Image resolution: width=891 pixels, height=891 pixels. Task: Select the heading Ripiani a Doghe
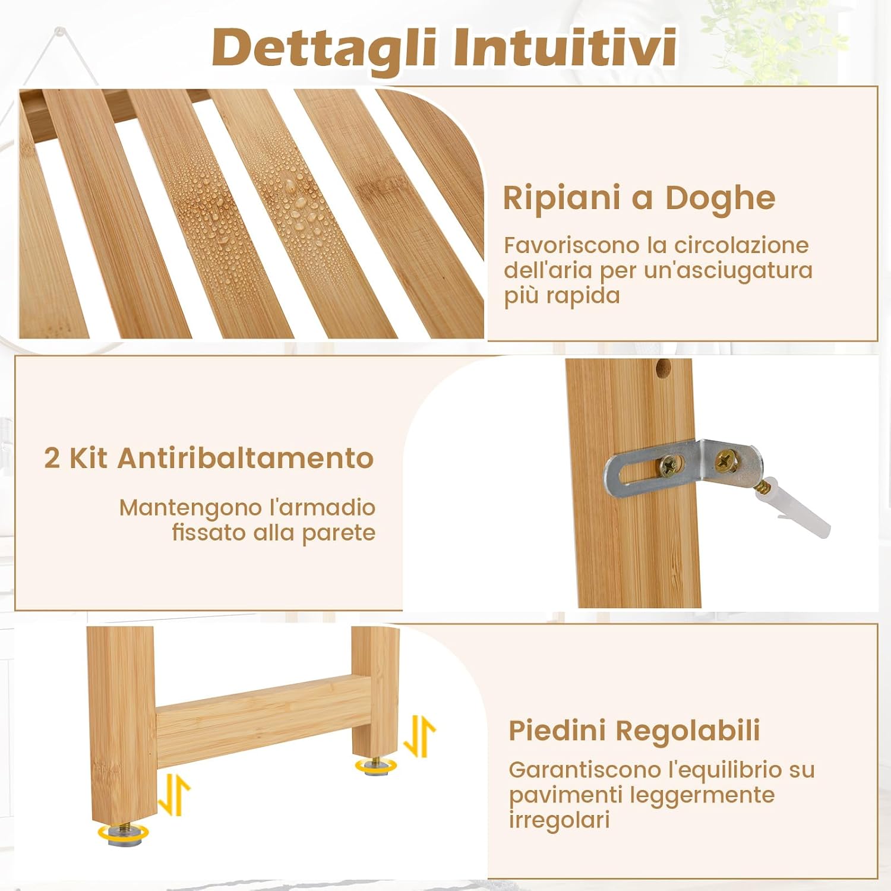[639, 198]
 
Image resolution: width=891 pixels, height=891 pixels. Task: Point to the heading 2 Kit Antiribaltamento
[208, 458]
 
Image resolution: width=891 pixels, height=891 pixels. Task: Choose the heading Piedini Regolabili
[634, 731]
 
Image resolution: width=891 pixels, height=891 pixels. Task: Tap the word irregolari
[559, 820]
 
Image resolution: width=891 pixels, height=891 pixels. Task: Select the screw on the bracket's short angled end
[725, 459]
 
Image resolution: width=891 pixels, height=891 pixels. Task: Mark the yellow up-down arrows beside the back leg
[419, 736]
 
